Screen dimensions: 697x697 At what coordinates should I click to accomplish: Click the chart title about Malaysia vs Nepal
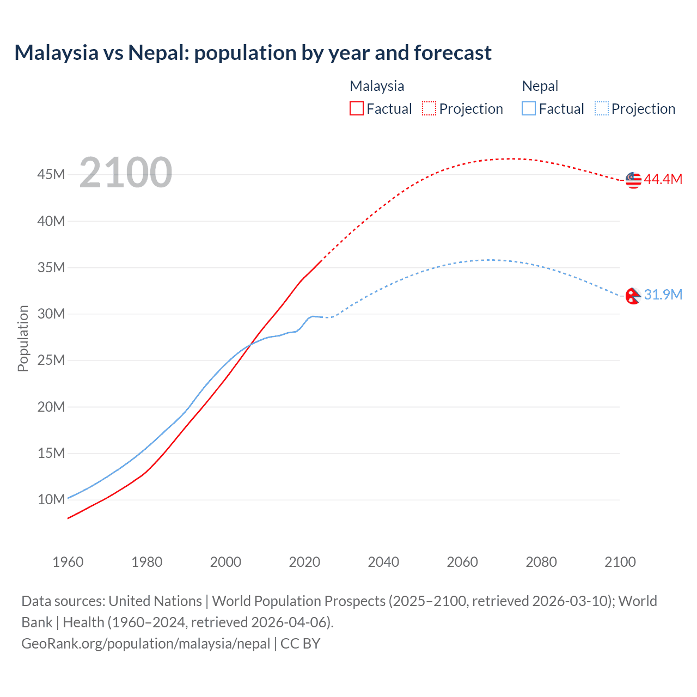coord(253,53)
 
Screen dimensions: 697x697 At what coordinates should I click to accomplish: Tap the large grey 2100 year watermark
coord(126,173)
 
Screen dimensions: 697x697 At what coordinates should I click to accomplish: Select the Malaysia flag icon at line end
coord(633,180)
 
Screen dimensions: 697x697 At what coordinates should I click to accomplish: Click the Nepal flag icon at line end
coord(633,296)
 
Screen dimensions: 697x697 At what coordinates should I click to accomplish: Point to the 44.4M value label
coord(663,180)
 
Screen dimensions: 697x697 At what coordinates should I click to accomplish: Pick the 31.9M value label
coord(663,295)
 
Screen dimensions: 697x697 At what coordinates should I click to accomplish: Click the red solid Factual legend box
coord(357,108)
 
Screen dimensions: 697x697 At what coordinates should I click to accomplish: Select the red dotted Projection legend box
coord(429,108)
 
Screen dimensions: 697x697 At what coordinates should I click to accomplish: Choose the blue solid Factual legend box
coord(529,108)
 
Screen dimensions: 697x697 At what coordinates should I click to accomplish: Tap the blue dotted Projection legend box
coord(602,108)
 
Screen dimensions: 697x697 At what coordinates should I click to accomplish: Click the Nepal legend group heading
coord(540,86)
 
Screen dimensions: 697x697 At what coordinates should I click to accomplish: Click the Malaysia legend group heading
coord(377,86)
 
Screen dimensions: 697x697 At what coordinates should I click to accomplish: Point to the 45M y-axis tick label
coord(51,175)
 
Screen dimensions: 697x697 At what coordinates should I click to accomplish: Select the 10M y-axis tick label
coord(51,499)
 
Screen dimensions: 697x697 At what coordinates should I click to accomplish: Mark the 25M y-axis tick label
coord(51,360)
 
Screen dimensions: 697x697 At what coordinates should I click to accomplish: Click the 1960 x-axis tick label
coord(68,562)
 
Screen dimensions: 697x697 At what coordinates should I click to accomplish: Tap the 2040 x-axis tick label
coord(383,562)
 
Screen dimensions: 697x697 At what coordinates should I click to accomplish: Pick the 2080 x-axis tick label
coord(541,562)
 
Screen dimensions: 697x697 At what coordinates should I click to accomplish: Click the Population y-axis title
coord(23,338)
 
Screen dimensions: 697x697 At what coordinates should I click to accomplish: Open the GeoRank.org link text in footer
coord(145,644)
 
